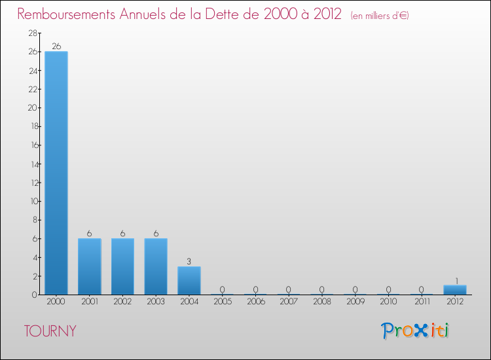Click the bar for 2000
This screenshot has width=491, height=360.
[x=56, y=173]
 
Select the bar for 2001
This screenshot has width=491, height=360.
[x=90, y=266]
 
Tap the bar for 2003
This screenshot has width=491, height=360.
[x=156, y=266]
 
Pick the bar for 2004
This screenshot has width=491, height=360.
[x=189, y=280]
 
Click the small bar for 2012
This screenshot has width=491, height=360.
[x=455, y=290]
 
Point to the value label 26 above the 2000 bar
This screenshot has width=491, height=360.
[x=56, y=46]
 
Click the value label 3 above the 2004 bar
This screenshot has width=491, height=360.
[x=189, y=261]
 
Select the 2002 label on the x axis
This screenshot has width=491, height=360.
[x=122, y=302]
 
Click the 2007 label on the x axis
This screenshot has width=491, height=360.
[x=289, y=302]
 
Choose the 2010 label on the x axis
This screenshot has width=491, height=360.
[x=388, y=302]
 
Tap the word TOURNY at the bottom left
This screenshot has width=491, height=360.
[x=50, y=331]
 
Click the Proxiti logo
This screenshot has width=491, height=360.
[x=416, y=331]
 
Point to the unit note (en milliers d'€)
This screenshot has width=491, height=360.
[x=380, y=16]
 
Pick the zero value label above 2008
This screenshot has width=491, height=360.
[x=322, y=289]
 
